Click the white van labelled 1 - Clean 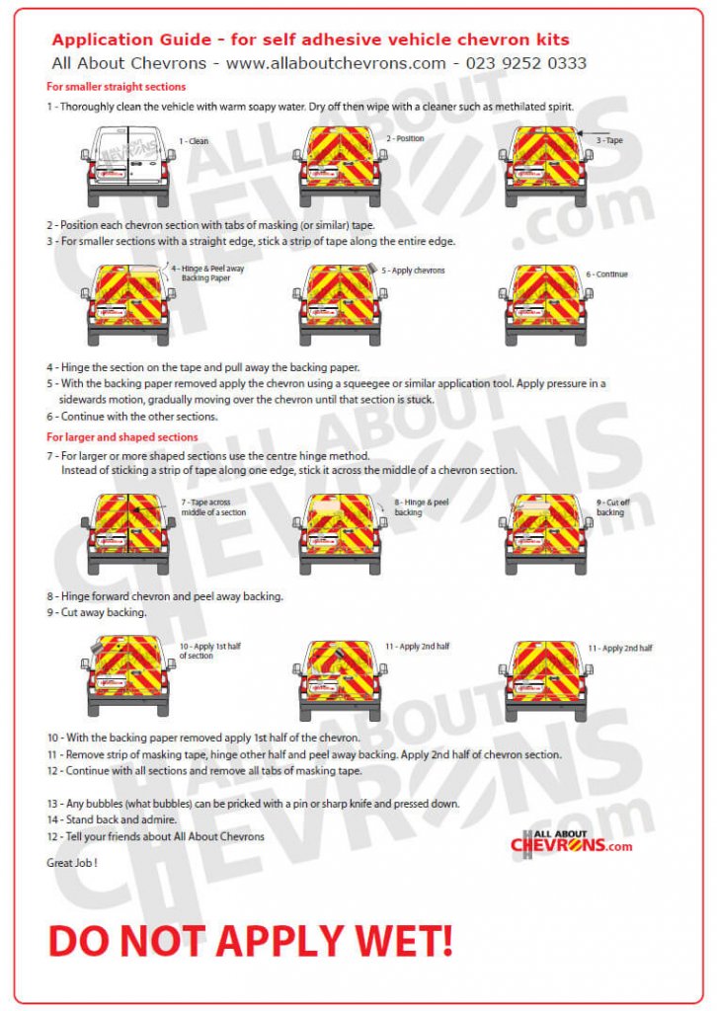[128, 165]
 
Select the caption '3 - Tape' [608, 141]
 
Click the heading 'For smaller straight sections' [117, 87]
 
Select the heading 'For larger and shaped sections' [122, 436]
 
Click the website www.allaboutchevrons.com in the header [336, 63]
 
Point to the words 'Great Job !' [72, 862]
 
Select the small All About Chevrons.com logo [571, 843]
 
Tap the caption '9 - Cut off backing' [611, 507]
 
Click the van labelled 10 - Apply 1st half [128, 677]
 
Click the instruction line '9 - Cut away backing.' [97, 612]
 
